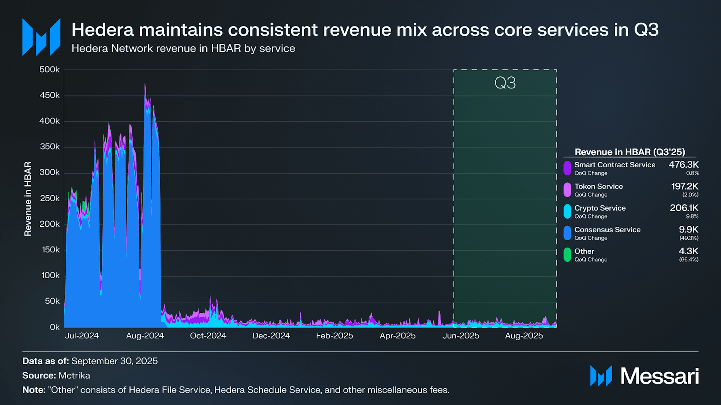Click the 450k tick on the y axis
[x=49, y=96]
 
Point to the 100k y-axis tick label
[x=50, y=275]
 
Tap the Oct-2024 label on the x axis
[x=208, y=336]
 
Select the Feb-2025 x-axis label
[x=334, y=336]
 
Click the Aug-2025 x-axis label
[x=524, y=336]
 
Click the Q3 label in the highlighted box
[x=505, y=83]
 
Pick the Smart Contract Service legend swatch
[x=567, y=168]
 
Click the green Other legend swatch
[x=567, y=255]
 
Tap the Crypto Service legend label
[x=600, y=208]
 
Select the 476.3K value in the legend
[x=683, y=165]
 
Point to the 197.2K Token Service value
[x=685, y=186]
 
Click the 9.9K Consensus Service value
[x=688, y=230]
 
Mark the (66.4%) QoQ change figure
[x=688, y=260]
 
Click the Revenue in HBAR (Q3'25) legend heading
[x=629, y=152]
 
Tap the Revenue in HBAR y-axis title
[x=28, y=199]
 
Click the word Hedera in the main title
[x=103, y=30]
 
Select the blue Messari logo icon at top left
[x=41, y=37]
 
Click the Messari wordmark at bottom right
[x=659, y=376]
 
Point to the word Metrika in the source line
[x=74, y=375]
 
